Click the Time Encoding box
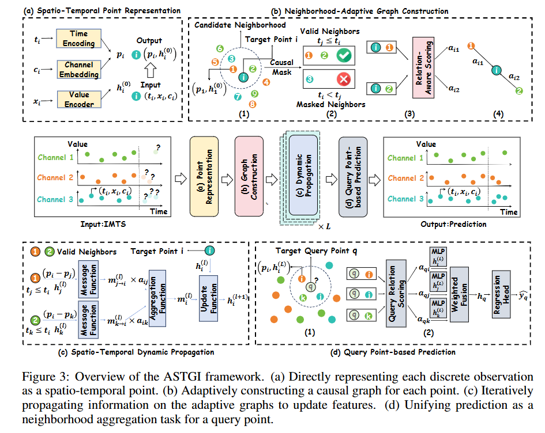point(78,38)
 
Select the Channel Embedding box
point(78,69)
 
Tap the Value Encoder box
point(78,99)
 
